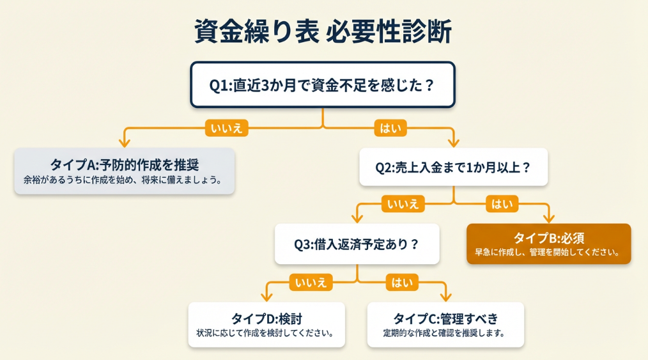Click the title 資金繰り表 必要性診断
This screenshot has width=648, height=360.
coord(323,31)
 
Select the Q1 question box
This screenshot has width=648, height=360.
coord(323,84)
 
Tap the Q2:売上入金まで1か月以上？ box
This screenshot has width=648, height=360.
coord(453,168)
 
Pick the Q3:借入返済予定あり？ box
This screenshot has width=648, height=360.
coord(357,244)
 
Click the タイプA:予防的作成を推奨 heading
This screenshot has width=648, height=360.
coord(124,164)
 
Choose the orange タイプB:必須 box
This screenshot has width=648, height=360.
coord(549,244)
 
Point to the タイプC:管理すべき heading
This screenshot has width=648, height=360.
coord(445,318)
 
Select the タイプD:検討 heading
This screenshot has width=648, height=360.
coord(266,318)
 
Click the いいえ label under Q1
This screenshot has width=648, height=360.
coord(227,128)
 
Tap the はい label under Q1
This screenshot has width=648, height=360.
coord(390,128)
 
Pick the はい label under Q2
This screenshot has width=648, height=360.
coord(502,204)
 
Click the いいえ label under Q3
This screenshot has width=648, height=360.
coord(311,282)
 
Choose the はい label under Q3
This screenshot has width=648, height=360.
coord(401,282)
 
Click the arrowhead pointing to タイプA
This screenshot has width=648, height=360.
coord(125,142)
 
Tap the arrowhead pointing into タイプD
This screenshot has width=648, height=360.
coord(266,296)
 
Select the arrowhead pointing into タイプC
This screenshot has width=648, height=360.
coord(446,296)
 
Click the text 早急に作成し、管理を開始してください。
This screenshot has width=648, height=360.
coord(548,252)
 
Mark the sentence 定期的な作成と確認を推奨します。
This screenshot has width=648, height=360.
coord(445,333)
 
